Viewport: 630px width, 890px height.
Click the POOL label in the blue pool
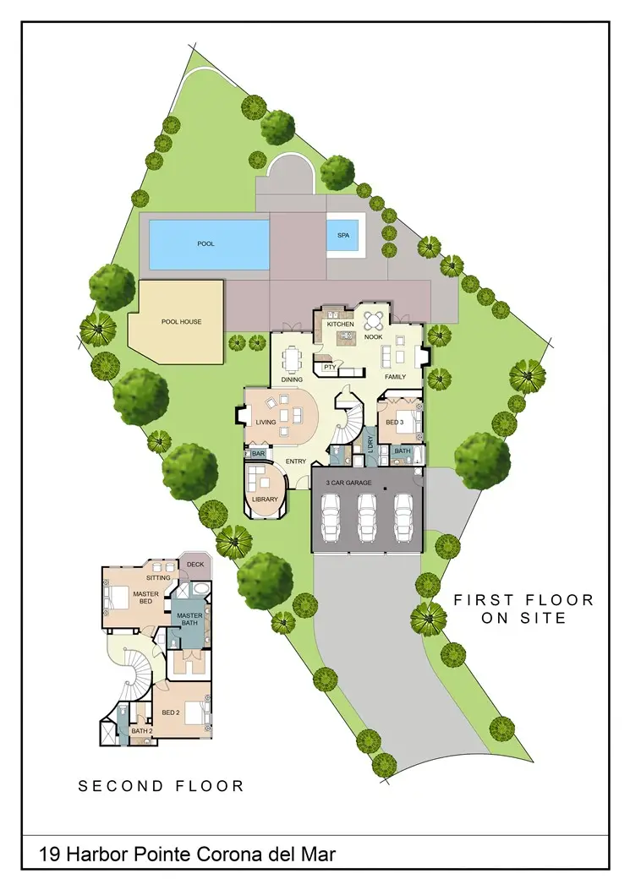pyautogui.click(x=205, y=243)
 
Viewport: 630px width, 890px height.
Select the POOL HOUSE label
pyautogui.click(x=181, y=322)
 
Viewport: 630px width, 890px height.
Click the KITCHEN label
pyautogui.click(x=340, y=325)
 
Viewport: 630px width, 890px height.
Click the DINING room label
pyautogui.click(x=293, y=379)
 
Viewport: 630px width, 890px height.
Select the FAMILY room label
pyautogui.click(x=396, y=376)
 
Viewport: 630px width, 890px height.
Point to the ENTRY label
pyautogui.click(x=295, y=461)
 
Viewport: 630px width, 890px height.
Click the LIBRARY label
pyautogui.click(x=265, y=500)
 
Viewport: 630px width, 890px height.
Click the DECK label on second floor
pyautogui.click(x=195, y=565)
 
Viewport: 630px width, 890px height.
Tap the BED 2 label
pyautogui.click(x=171, y=713)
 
